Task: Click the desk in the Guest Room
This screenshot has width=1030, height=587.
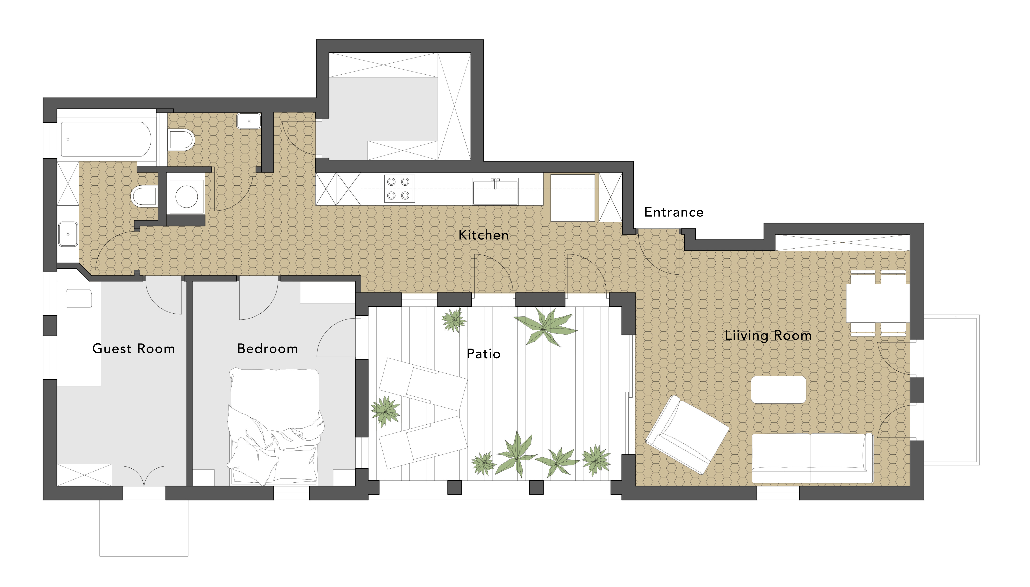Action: click(x=79, y=333)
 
